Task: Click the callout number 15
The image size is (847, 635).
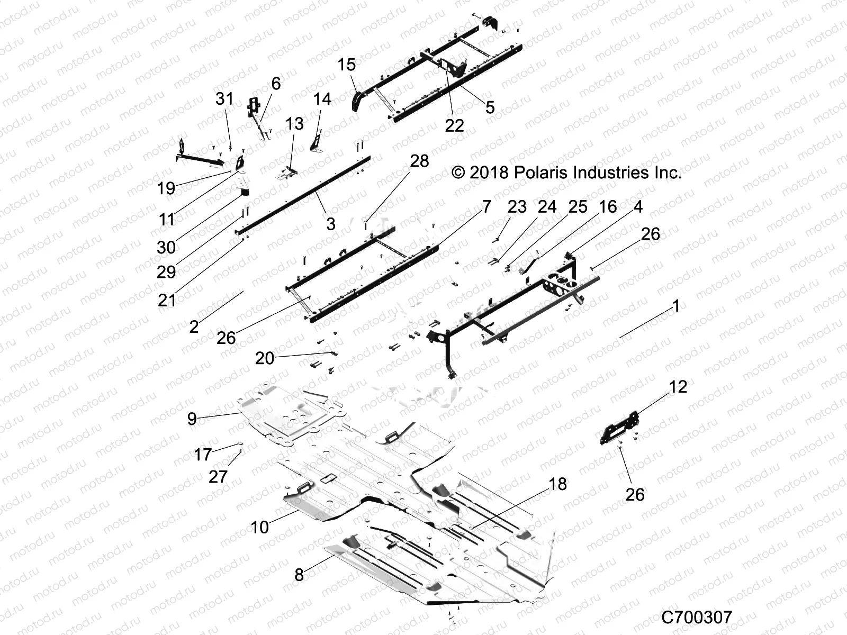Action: [347, 65]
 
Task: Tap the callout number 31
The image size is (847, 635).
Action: [224, 98]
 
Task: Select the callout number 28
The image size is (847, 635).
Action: [419, 161]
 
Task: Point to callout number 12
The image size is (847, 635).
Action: [678, 387]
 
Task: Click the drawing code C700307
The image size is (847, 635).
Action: [697, 617]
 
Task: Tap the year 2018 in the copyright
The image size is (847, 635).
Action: [489, 173]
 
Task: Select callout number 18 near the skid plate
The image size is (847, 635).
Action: [558, 484]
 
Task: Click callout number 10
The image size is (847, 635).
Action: [260, 527]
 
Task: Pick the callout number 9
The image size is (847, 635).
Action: [192, 419]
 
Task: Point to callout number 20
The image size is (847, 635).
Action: [265, 358]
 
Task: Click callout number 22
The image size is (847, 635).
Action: [454, 125]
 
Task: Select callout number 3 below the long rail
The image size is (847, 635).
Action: [331, 224]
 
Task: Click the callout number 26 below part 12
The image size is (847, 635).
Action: [635, 494]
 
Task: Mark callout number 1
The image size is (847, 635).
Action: [675, 306]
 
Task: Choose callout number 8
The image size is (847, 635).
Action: [299, 575]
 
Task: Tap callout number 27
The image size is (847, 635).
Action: [218, 477]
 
